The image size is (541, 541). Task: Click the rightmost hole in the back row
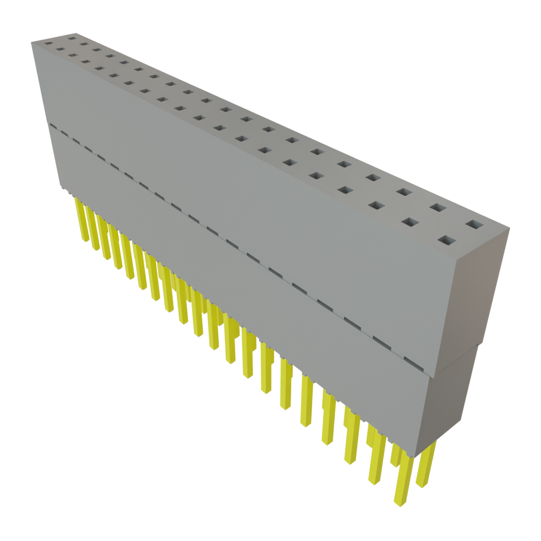pyautogui.click(x=474, y=225)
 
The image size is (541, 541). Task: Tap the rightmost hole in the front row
pyautogui.click(x=447, y=241)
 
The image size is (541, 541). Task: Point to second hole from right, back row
pyautogui.click(x=436, y=208)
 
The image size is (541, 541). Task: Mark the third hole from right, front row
pyautogui.click(x=376, y=205)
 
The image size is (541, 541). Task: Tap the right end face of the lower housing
pyautogui.click(x=449, y=402)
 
